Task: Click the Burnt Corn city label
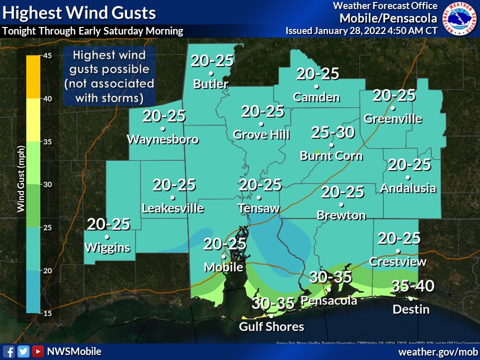click(x=331, y=156)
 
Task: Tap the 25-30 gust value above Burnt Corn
click(x=332, y=132)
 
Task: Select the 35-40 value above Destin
click(x=412, y=286)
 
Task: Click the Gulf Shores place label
click(x=271, y=326)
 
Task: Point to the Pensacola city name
click(x=329, y=300)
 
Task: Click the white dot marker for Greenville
click(x=393, y=108)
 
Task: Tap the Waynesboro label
click(x=163, y=139)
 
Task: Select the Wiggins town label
click(x=107, y=247)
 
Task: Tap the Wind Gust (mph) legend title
click(x=20, y=184)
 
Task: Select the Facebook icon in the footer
click(x=8, y=351)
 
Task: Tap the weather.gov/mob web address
click(x=437, y=352)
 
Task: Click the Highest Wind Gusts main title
click(x=79, y=13)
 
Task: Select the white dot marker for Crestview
click(x=398, y=251)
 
